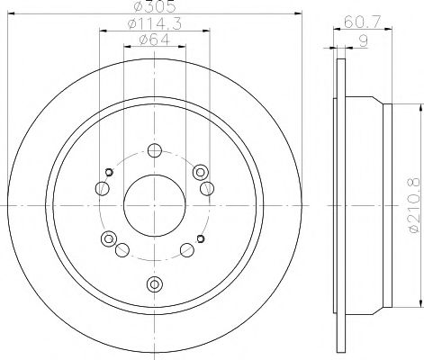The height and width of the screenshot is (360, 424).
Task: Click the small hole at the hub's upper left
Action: point(109,171)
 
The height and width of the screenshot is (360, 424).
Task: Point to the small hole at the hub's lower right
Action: point(200,238)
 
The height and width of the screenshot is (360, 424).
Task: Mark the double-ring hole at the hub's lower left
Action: point(109,238)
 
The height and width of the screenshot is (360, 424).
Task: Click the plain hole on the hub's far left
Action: point(103,188)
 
